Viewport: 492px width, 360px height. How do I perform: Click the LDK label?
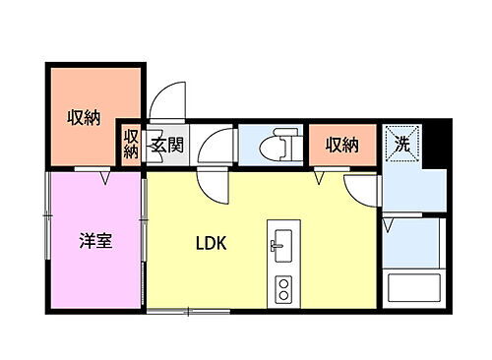(x=211, y=243)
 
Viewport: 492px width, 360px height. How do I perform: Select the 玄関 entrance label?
(x=166, y=147)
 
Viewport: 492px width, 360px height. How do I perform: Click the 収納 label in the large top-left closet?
(x=84, y=118)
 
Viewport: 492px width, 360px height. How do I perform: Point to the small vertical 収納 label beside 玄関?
(x=131, y=146)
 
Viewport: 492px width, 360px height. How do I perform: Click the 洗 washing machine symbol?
(x=401, y=145)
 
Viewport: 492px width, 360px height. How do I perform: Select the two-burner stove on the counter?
(x=281, y=289)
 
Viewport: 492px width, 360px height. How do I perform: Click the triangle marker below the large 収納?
(x=104, y=178)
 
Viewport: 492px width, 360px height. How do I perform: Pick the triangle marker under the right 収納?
(x=320, y=178)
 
